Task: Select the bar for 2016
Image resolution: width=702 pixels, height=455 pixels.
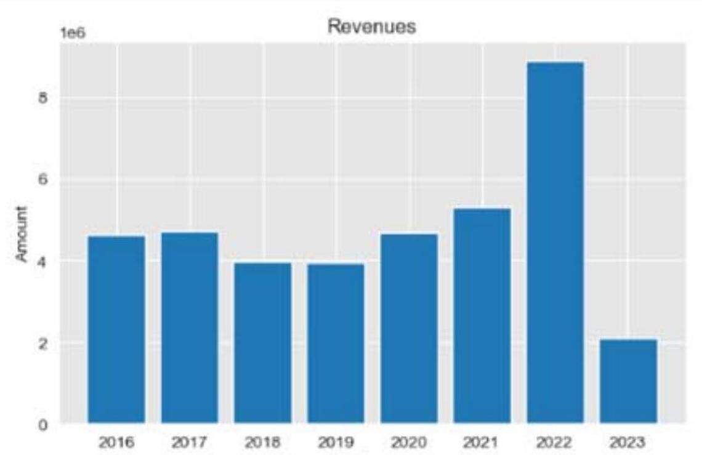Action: pos(116,329)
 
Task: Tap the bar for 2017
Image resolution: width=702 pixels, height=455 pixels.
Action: pos(190,328)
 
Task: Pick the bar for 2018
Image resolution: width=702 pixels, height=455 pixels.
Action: pos(263,343)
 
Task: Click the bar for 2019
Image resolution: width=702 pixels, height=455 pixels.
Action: pos(336,344)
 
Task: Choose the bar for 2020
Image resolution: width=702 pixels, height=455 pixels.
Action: pos(409,328)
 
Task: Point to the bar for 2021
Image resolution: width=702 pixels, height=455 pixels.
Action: pos(482,316)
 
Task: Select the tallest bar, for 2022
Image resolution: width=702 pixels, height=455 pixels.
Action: pos(555,243)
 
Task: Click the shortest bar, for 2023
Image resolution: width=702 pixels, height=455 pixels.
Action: pos(629,381)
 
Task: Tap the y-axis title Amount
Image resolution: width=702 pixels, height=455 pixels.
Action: pos(22,235)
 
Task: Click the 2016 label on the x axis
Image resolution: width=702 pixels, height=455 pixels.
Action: pos(116,442)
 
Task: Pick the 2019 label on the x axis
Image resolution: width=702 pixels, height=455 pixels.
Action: pos(336,442)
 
